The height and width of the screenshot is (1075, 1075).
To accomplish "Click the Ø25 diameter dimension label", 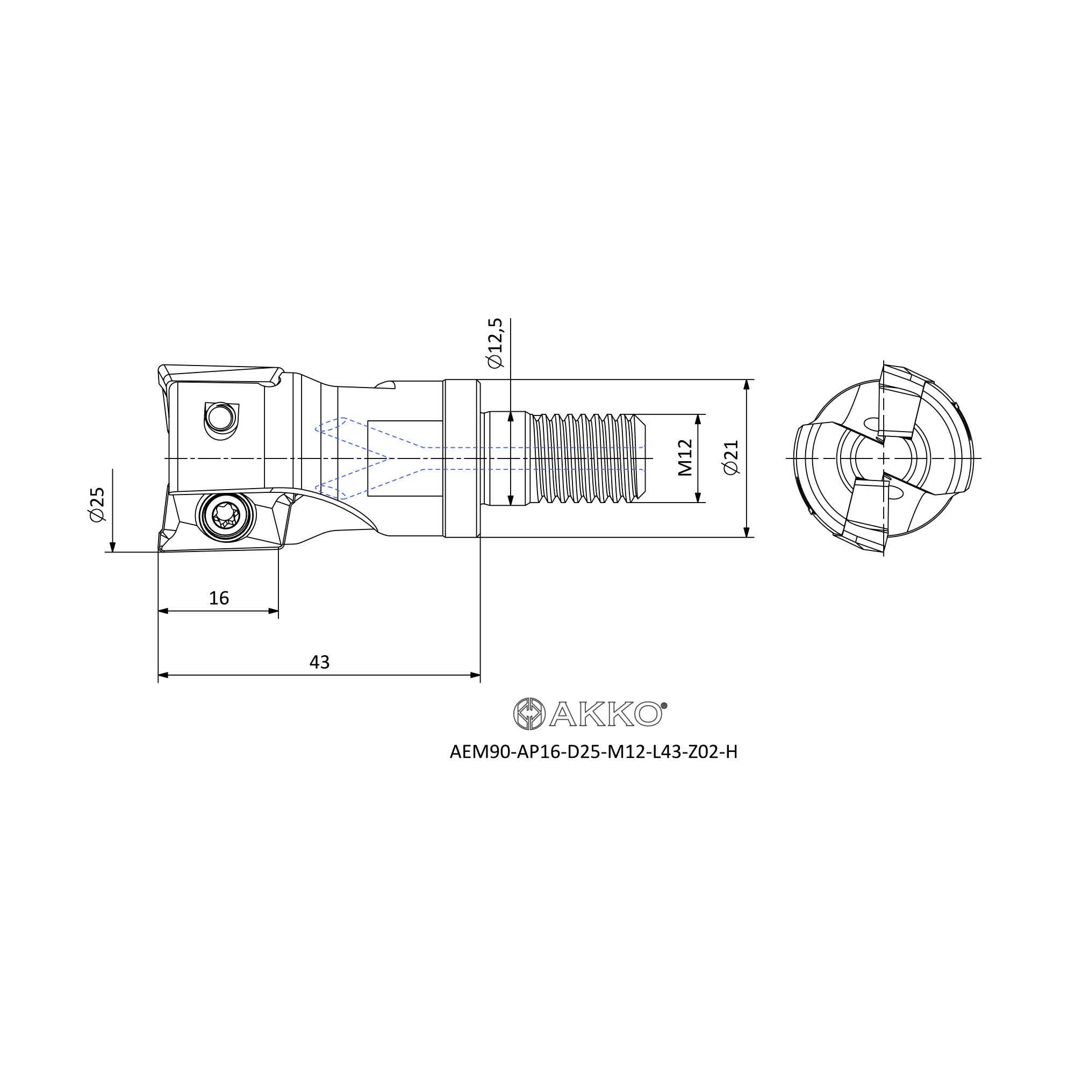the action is point(97,505).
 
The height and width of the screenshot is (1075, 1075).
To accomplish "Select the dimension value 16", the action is point(219,598).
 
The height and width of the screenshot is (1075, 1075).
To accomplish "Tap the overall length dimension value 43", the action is point(319,662).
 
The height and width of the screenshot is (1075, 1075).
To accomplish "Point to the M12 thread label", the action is point(685,458).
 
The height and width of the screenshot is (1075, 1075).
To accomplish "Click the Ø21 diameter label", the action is point(731,458).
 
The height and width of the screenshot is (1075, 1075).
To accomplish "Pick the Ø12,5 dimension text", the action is point(494,343).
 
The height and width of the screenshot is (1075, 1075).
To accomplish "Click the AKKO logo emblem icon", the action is point(528,714).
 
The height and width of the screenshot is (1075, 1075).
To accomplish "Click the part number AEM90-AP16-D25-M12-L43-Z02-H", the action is point(593,752).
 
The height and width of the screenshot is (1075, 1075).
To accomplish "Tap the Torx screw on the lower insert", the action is point(225,515).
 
